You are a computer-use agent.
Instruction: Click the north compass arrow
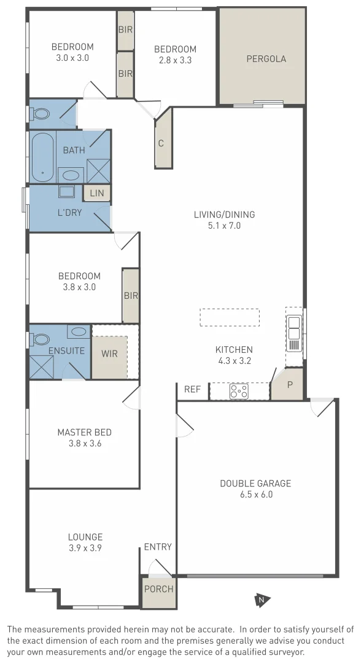pyautogui.click(x=262, y=600)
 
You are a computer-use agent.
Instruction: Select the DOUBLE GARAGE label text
pyautogui.click(x=255, y=483)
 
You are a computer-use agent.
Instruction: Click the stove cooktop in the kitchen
pyautogui.click(x=238, y=391)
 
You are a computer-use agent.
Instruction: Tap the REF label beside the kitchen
pyautogui.click(x=192, y=389)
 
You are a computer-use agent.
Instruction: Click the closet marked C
pyautogui.click(x=162, y=144)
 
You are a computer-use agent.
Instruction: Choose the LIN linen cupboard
pyautogui.click(x=97, y=193)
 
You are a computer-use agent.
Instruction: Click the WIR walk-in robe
pyautogui.click(x=110, y=355)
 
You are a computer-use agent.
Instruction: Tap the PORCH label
pyautogui.click(x=158, y=589)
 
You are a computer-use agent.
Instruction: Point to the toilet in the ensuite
pyautogui.click(x=41, y=339)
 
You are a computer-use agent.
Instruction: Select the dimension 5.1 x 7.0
pyautogui.click(x=224, y=226)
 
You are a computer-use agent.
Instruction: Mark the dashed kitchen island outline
pyautogui.click(x=229, y=317)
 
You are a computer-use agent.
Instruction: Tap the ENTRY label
pyautogui.click(x=158, y=547)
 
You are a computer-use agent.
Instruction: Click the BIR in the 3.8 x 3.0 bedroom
pyautogui.click(x=130, y=296)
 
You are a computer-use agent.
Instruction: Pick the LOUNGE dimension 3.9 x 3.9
pyautogui.click(x=85, y=547)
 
